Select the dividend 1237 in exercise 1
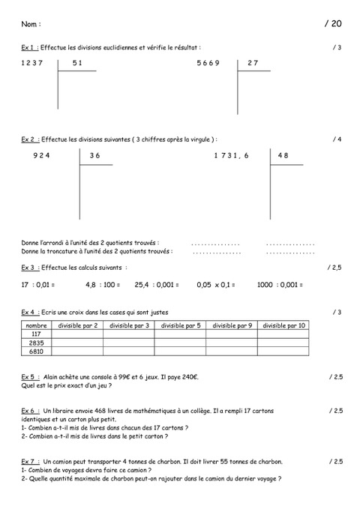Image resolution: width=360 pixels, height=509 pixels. tap(34, 63)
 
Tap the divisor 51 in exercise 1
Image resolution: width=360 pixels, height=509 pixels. tap(77, 63)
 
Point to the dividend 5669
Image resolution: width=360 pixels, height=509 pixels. tap(208, 63)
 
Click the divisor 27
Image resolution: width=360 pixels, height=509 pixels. tap(252, 63)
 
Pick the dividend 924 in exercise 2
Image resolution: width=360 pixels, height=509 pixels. tap(41, 155)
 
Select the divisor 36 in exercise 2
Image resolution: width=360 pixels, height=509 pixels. tap(94, 155)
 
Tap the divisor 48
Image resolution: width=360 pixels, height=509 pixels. tap(283, 155)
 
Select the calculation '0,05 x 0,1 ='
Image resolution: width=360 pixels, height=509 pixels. tap(216, 285)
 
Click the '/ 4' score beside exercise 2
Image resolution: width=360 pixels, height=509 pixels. tap(337, 139)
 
